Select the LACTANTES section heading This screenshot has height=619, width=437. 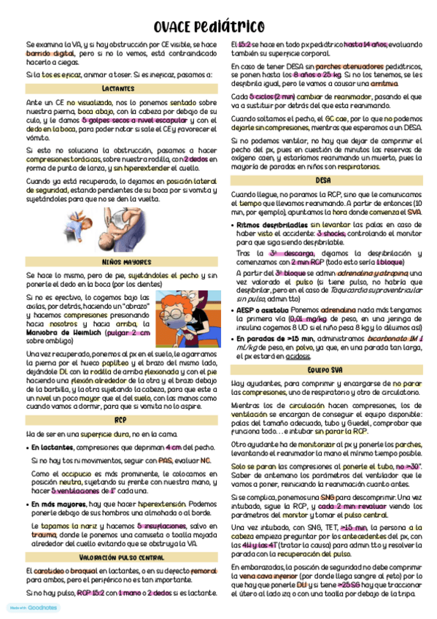coord(117,88)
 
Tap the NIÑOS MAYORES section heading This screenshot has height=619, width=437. coord(117,261)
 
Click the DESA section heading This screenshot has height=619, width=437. coord(322,180)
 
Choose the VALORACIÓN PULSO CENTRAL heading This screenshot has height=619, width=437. coord(117,557)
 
